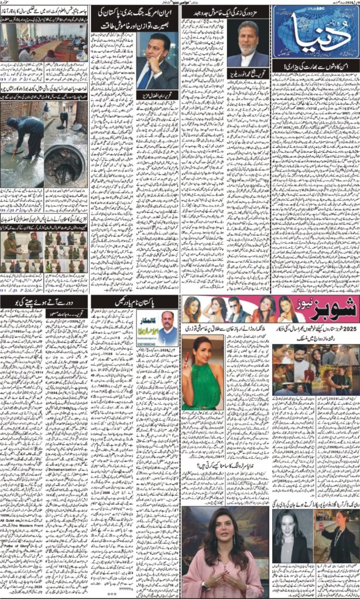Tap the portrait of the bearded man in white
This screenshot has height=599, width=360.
(247, 44)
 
